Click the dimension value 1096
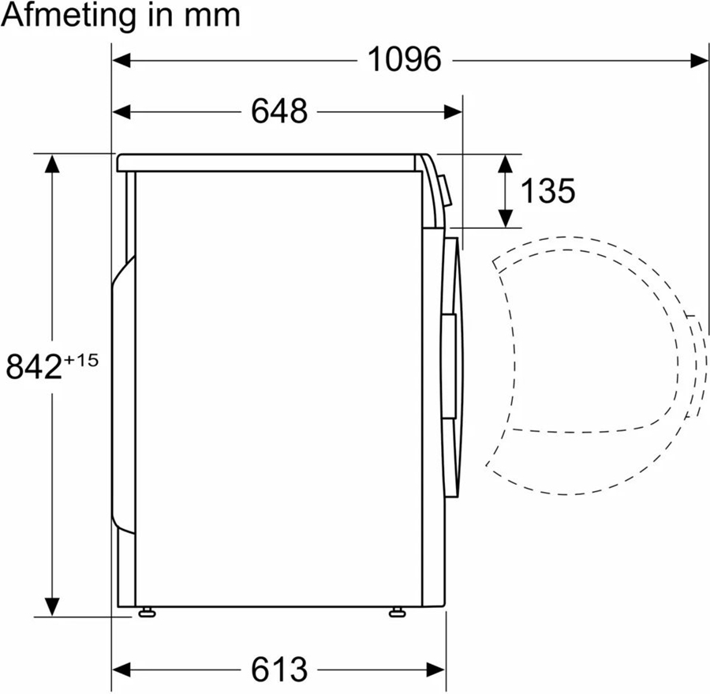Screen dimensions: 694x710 click(405, 59)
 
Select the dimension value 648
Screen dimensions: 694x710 click(278, 111)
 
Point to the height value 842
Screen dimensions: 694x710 click(34, 367)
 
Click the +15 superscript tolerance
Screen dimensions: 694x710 click(81, 361)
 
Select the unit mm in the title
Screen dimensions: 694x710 click(214, 16)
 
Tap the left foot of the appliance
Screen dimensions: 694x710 click(146, 612)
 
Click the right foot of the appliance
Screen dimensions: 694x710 click(396, 612)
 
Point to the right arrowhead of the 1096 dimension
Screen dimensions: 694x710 click(700, 60)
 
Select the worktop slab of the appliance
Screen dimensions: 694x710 click(268, 163)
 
